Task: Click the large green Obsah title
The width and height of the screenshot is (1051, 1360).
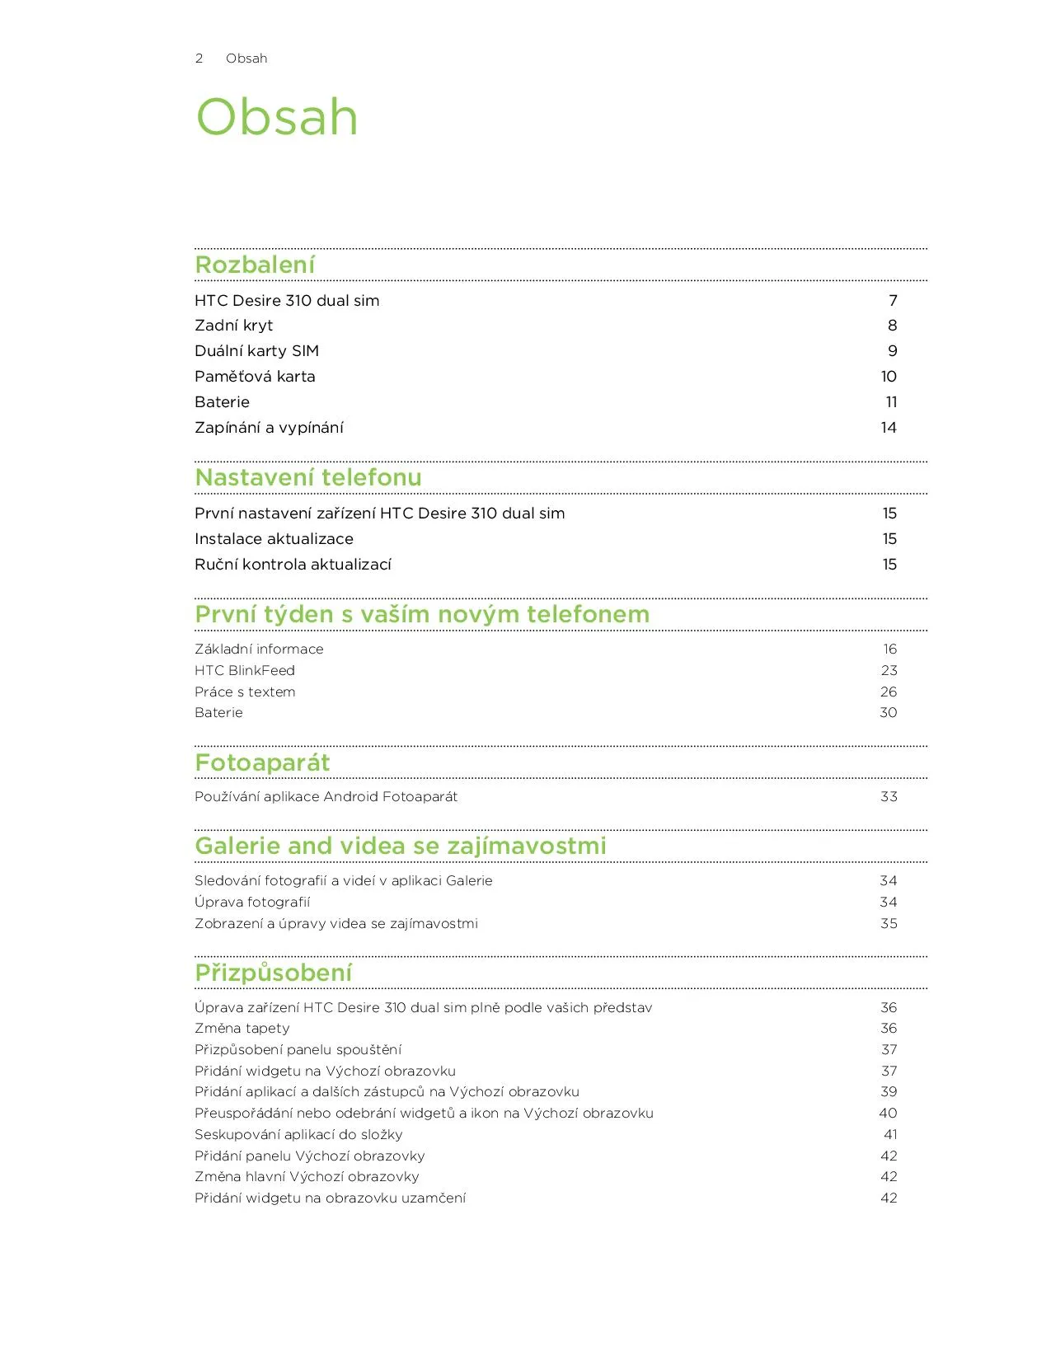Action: pos(277,117)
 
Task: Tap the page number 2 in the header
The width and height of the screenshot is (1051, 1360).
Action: pos(199,59)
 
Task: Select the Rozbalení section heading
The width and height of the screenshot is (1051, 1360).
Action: pos(255,265)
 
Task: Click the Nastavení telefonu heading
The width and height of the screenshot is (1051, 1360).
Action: pos(307,477)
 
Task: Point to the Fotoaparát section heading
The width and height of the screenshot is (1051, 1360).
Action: pos(262,762)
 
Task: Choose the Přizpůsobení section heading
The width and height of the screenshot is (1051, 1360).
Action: pos(273,973)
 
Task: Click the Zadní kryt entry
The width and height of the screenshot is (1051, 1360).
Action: pos(233,326)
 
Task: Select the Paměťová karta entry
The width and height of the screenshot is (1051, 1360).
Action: pos(255,377)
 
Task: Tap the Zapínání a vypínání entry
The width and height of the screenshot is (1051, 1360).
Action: pos(269,428)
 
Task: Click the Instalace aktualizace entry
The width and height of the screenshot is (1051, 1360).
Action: pos(274,539)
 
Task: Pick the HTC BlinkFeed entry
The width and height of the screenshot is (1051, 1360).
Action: pos(244,671)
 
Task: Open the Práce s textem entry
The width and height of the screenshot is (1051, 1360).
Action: pos(245,692)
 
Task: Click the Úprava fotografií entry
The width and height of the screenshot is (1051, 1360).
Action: pos(252,903)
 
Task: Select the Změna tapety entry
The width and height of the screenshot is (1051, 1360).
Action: pos(242,1029)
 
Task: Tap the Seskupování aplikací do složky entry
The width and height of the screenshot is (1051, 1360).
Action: pos(298,1135)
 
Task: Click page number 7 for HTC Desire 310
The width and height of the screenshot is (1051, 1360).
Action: pos(893,301)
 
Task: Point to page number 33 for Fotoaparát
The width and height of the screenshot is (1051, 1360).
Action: pos(889,797)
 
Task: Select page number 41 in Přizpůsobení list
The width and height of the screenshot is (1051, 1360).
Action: pos(890,1135)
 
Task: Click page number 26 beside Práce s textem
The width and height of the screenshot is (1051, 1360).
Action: pos(889,692)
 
